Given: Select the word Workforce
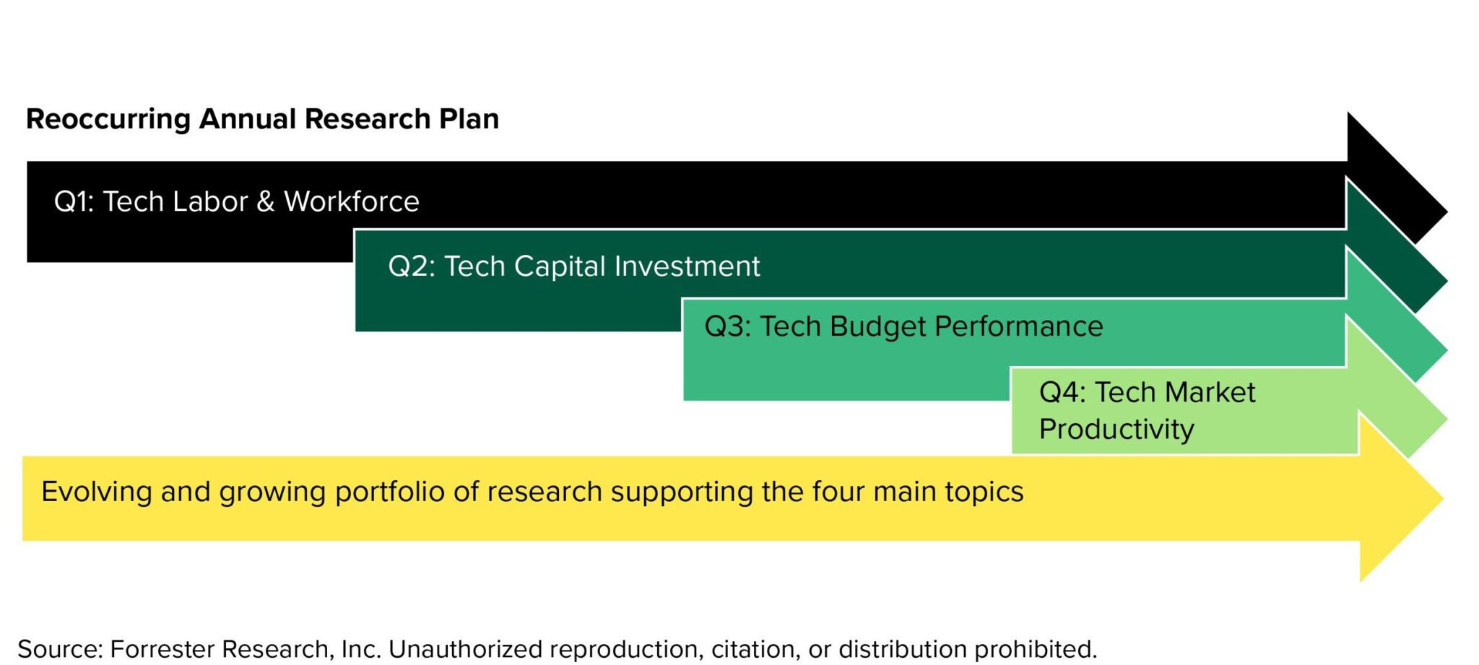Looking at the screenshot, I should point(351,201).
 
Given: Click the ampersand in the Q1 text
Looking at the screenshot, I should point(265,202).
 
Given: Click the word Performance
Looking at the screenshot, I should point(1018,327).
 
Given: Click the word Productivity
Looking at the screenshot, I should point(1116,430).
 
